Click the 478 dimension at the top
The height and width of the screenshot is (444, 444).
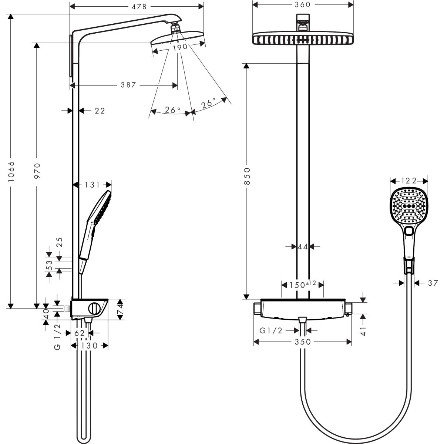[x=137, y=6]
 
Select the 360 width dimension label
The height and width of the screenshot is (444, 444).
[x=302, y=4]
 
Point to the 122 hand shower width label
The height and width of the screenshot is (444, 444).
[x=409, y=181]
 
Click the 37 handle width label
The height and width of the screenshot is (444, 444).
[x=433, y=283]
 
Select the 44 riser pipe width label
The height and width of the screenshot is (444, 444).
[x=303, y=247]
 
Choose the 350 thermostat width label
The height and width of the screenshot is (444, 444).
[x=303, y=342]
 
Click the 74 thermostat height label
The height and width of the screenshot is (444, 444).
[x=120, y=309]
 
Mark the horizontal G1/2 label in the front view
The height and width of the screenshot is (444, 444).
[x=271, y=331]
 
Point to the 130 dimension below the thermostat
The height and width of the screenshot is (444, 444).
[x=89, y=346]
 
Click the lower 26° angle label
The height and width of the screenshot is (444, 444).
[x=172, y=110]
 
